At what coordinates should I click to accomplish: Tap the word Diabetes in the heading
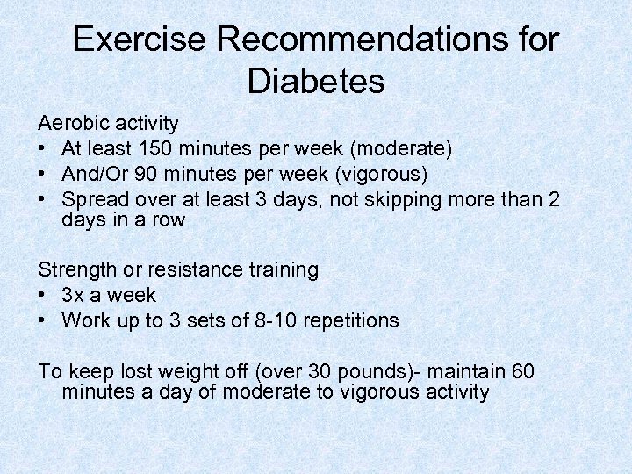(x=316, y=82)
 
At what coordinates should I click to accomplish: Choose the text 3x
(x=75, y=295)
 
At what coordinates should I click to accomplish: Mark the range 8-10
(x=274, y=320)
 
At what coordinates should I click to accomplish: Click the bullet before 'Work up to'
(x=44, y=320)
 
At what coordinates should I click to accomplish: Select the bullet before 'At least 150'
(x=44, y=148)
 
